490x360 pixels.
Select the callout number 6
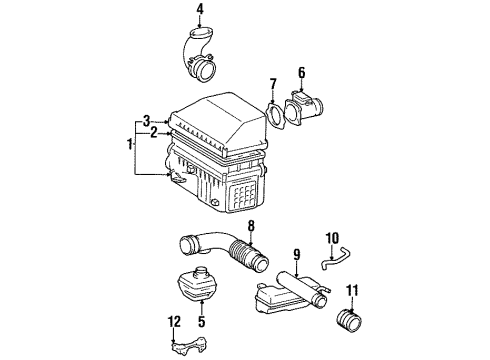pos(301,72)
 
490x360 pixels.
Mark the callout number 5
pos(202,324)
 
